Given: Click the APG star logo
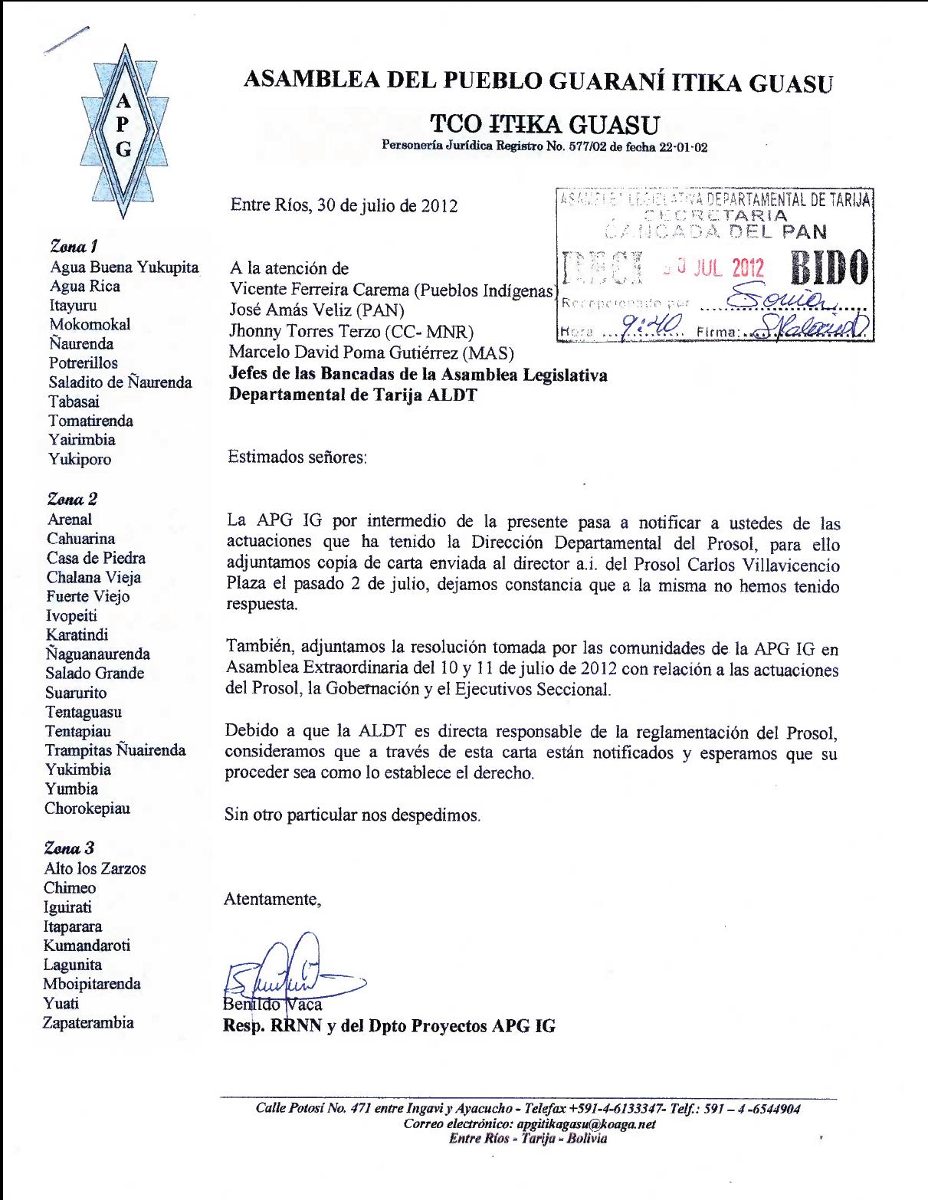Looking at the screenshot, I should click(123, 126).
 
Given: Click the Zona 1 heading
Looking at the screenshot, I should click(74, 247).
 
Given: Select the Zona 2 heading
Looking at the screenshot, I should click(73, 500).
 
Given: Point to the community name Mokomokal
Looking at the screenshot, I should click(90, 324).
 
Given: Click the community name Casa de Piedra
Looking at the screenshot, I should click(96, 558).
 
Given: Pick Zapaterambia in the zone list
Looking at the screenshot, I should click(89, 1022).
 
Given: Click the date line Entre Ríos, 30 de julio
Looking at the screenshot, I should click(344, 205).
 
